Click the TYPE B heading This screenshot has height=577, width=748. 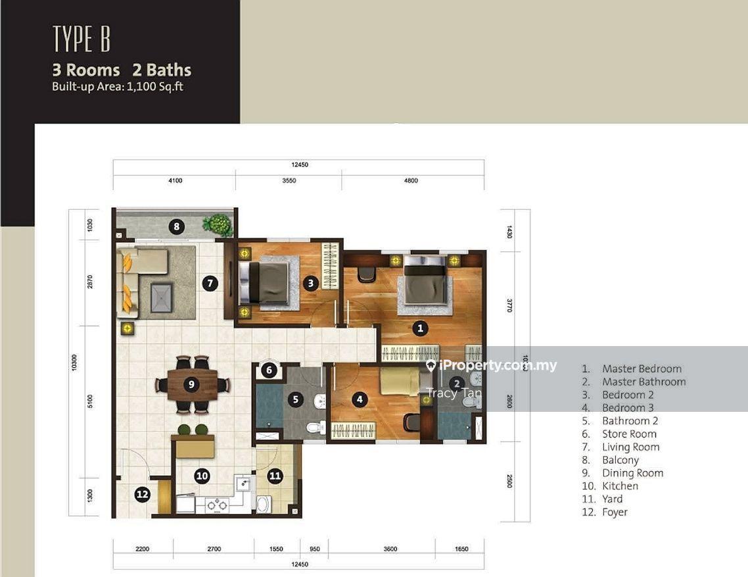(82, 39)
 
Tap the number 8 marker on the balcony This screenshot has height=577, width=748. (177, 226)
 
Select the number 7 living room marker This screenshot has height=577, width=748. (210, 284)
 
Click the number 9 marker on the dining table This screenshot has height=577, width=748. (191, 384)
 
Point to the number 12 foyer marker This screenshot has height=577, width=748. (142, 494)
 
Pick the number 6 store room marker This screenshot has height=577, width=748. (269, 370)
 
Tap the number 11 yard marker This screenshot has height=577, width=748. (275, 476)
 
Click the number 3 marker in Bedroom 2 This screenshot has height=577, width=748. (310, 284)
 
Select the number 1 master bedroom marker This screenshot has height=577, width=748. (420, 328)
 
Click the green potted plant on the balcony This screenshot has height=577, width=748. (218, 224)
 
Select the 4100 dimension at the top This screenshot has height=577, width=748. (175, 180)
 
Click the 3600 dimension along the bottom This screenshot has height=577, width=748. (390, 549)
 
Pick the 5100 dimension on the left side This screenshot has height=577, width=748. (90, 402)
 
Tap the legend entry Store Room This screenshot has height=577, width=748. (629, 434)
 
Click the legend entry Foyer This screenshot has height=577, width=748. (615, 512)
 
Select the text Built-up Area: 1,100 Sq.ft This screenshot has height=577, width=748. (118, 87)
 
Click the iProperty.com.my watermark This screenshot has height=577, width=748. (492, 365)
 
